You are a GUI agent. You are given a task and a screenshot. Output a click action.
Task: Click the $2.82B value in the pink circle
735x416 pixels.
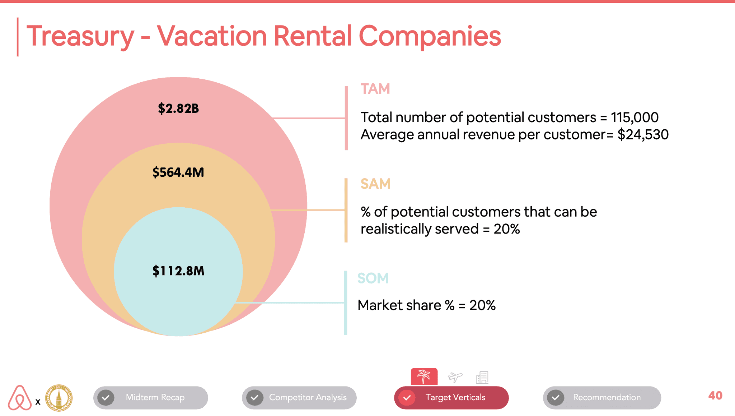[178, 108]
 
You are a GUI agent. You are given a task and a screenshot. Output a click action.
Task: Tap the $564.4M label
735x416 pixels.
[178, 172]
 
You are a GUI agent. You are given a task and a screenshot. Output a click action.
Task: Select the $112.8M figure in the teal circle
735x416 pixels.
[178, 271]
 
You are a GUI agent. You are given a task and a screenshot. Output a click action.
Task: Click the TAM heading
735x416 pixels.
[375, 89]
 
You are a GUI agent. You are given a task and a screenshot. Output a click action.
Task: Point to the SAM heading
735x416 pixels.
[375, 184]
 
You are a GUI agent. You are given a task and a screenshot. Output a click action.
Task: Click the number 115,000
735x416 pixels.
[635, 117]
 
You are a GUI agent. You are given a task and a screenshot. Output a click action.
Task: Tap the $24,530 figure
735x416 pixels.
[643, 135]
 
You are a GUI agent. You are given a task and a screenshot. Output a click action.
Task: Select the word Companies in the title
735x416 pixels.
[430, 36]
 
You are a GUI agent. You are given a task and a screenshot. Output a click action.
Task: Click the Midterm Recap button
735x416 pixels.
[151, 398]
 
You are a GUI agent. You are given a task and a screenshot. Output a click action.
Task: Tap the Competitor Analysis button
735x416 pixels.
[299, 398]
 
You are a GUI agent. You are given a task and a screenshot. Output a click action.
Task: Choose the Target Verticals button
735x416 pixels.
[451, 398]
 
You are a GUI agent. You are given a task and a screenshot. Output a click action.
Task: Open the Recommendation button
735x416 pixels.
[602, 398]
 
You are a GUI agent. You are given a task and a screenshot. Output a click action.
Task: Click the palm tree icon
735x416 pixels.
[424, 376]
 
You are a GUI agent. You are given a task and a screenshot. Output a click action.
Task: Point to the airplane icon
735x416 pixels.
[455, 377]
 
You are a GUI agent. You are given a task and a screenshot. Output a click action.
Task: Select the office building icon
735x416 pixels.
[482, 377]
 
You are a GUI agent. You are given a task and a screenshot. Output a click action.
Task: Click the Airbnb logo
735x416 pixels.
[20, 398]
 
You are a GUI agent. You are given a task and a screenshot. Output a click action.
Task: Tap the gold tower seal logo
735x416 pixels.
[59, 398]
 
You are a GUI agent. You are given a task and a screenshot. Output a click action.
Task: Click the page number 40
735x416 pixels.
[715, 396]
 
